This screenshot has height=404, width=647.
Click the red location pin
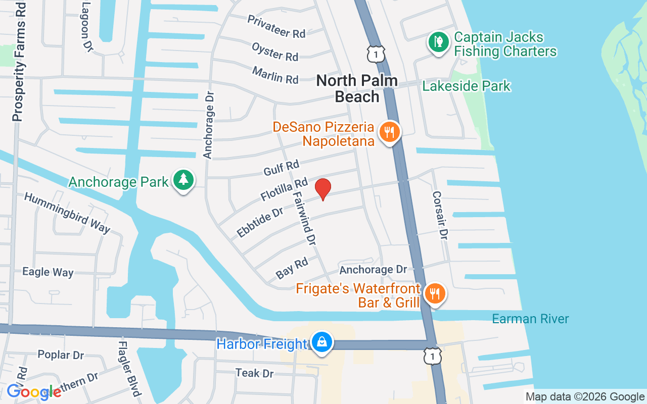(x=323, y=189)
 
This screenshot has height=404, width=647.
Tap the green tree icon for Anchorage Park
(x=183, y=180)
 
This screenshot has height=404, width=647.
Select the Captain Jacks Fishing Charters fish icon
(x=438, y=42)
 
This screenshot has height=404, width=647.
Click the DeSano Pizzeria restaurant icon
(x=389, y=132)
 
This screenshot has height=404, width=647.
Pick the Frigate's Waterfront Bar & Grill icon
(x=434, y=293)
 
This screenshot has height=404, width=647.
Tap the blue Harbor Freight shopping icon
(x=321, y=343)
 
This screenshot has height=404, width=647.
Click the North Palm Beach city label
(x=357, y=88)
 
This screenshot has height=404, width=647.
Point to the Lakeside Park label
(x=466, y=86)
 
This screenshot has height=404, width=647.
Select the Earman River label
(x=530, y=319)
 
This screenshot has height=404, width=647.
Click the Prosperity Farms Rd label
(x=19, y=61)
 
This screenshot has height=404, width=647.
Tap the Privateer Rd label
(x=276, y=26)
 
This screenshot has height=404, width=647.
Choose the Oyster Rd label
(x=275, y=52)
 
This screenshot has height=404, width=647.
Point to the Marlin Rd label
(x=275, y=75)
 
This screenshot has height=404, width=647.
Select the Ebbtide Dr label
(x=260, y=222)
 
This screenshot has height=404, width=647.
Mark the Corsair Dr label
(x=440, y=215)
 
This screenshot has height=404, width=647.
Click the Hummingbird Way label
(x=67, y=213)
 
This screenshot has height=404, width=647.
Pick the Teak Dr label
(x=254, y=373)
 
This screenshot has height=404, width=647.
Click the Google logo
(x=33, y=392)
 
